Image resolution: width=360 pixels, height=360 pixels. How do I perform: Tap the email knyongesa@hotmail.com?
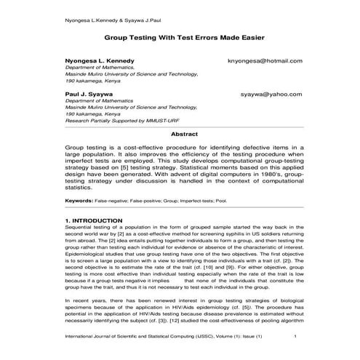[x=265, y=62]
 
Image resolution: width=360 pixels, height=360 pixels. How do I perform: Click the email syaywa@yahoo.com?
[x=271, y=95]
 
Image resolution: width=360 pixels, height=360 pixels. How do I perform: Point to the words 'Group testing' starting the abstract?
[x=87, y=148]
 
